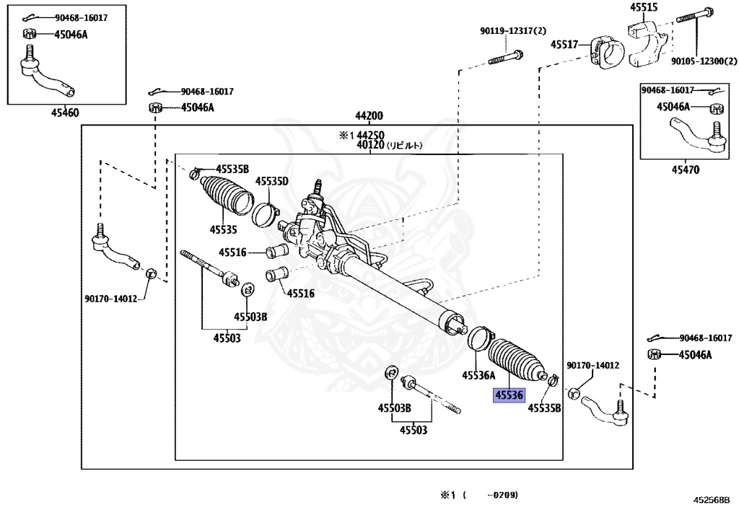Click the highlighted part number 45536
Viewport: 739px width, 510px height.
click(x=508, y=395)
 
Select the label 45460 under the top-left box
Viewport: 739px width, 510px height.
click(x=65, y=113)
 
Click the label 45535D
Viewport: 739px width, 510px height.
click(x=271, y=181)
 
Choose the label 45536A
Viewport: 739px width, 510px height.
click(x=478, y=375)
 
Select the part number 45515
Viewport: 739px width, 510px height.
click(x=644, y=7)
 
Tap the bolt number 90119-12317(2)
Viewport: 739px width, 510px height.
click(x=513, y=30)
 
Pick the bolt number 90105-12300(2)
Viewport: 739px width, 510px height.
click(x=699, y=62)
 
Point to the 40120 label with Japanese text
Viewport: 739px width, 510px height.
click(x=388, y=145)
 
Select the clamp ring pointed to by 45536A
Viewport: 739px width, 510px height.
click(x=479, y=339)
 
